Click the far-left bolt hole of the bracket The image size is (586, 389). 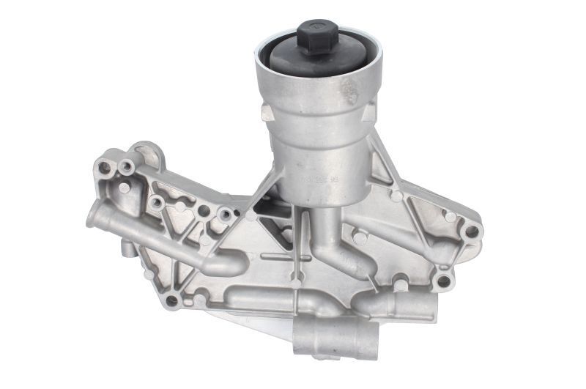point(104,168)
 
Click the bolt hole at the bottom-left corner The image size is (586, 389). point(173,300)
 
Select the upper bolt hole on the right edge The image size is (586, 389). point(471,231)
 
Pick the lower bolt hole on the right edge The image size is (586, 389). point(443,281)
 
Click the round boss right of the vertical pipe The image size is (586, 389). point(360,237)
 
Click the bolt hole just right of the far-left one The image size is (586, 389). point(126,167)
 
